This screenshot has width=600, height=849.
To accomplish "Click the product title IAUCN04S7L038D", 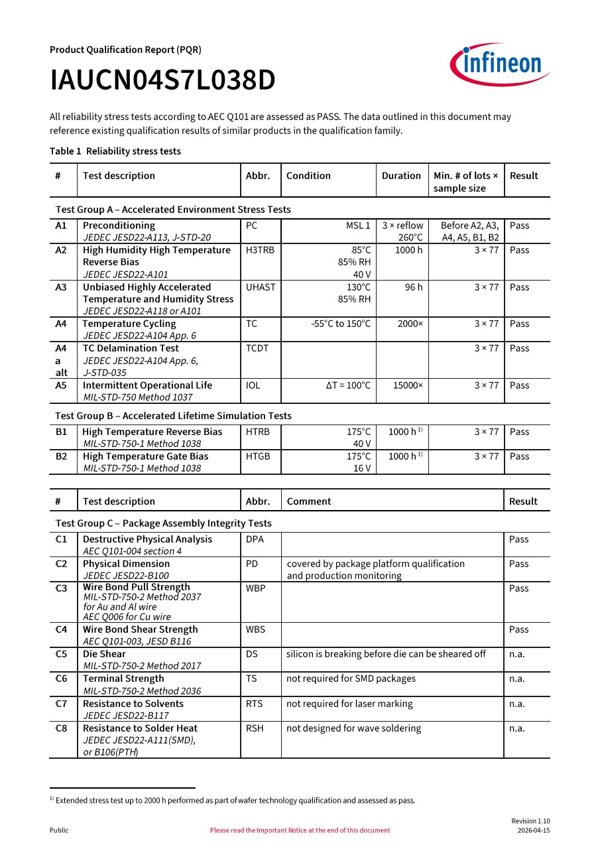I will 162,81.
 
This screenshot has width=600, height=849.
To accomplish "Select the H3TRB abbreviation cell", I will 259,250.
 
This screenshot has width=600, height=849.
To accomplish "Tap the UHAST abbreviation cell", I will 261,287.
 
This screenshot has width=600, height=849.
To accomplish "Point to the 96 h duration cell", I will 413,287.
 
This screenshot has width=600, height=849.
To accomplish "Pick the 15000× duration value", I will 407,385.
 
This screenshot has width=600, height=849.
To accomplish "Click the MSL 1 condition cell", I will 358,226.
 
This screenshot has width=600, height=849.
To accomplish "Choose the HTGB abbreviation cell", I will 258,456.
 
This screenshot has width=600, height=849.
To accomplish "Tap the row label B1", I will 61,432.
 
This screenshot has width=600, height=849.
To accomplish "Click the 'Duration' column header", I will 401,176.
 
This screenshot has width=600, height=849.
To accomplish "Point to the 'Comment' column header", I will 309,501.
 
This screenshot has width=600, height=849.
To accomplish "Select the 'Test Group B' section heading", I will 173,416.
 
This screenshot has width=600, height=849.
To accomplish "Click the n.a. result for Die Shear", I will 516,654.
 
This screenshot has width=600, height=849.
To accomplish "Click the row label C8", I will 61,728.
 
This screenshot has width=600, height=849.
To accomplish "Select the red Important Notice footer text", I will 300,830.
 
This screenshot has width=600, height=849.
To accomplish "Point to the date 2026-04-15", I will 534,830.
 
